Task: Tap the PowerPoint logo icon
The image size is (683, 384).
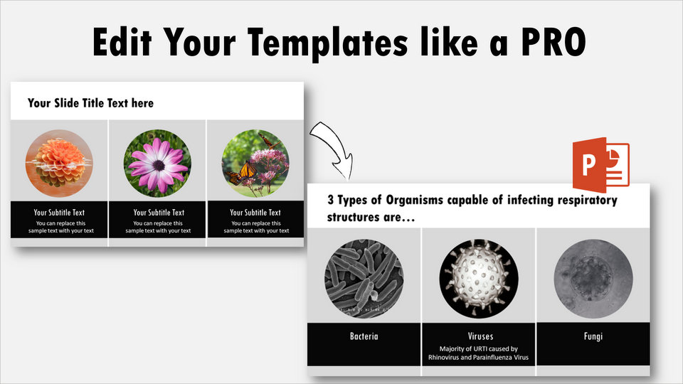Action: pyautogui.click(x=600, y=165)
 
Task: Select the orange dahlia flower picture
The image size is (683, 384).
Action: pyautogui.click(x=59, y=164)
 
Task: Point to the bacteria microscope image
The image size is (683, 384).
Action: pyautogui.click(x=364, y=278)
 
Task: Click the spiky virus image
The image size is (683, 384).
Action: pyautogui.click(x=479, y=278)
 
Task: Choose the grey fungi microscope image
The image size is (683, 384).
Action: pyautogui.click(x=593, y=278)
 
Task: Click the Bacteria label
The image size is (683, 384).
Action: pyautogui.click(x=364, y=336)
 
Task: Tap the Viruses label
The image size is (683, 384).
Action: pyautogui.click(x=480, y=336)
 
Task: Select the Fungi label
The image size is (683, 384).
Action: pyautogui.click(x=593, y=336)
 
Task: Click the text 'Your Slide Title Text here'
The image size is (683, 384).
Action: pyautogui.click(x=90, y=103)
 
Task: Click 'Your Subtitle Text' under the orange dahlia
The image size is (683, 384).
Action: pyautogui.click(x=59, y=213)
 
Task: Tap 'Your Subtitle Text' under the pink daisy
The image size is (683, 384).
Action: pyautogui.click(x=159, y=213)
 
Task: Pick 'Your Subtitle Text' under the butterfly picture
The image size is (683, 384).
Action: pyautogui.click(x=255, y=213)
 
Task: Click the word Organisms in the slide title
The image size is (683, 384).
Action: pyautogui.click(x=414, y=201)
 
